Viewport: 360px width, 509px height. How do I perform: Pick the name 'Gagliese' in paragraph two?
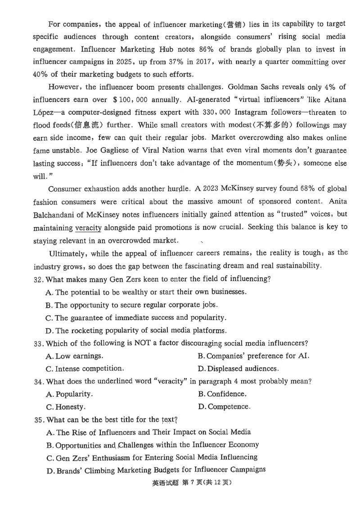tap(85, 150)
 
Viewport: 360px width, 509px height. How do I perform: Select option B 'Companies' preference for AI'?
tap(253, 356)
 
